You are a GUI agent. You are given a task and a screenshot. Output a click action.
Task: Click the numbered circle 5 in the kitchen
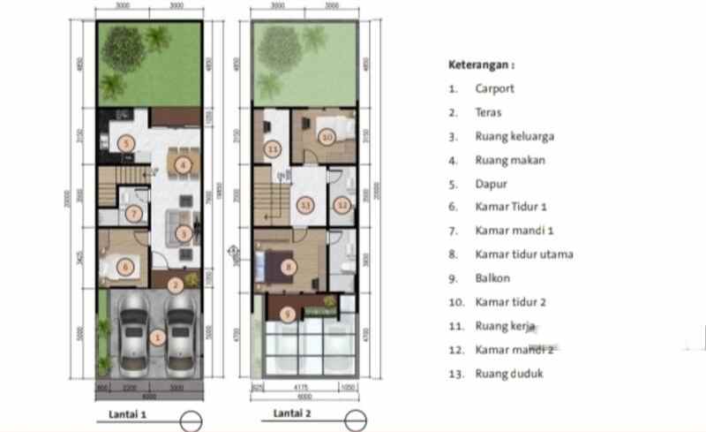pyautogui.click(x=128, y=144)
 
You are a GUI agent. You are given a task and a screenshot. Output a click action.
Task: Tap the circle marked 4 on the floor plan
pyautogui.click(x=183, y=164)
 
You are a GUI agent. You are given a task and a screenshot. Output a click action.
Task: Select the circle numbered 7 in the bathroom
pyautogui.click(x=133, y=213)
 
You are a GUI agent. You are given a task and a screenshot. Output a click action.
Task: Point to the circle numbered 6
pyautogui.click(x=126, y=266)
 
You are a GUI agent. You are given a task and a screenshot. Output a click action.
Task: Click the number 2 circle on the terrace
pyautogui.click(x=176, y=284)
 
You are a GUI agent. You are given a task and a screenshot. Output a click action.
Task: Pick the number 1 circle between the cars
pyautogui.click(x=157, y=336)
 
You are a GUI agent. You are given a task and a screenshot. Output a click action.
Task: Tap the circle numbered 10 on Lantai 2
pyautogui.click(x=327, y=137)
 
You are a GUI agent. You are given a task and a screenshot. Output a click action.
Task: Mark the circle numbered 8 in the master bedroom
pyautogui.click(x=287, y=265)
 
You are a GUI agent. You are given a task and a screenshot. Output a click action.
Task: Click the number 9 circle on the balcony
pyautogui.click(x=286, y=313)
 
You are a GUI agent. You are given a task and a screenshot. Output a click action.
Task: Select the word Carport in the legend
pyautogui.click(x=493, y=88)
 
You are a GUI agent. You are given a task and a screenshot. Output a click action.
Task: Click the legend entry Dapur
pyautogui.click(x=491, y=184)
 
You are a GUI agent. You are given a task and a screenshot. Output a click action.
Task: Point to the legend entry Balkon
pyautogui.click(x=492, y=278)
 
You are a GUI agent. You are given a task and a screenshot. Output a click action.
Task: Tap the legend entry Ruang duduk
pyautogui.click(x=509, y=374)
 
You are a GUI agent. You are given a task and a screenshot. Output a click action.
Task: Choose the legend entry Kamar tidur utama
pyautogui.click(x=524, y=254)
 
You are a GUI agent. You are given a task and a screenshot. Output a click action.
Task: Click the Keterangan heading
pyautogui.click(x=481, y=64)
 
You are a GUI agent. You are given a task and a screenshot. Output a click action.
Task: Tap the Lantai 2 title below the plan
pyautogui.click(x=292, y=412)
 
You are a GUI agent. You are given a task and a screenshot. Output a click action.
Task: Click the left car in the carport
pyautogui.click(x=133, y=337)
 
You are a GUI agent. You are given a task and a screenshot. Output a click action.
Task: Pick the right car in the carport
pyautogui.click(x=180, y=337)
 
